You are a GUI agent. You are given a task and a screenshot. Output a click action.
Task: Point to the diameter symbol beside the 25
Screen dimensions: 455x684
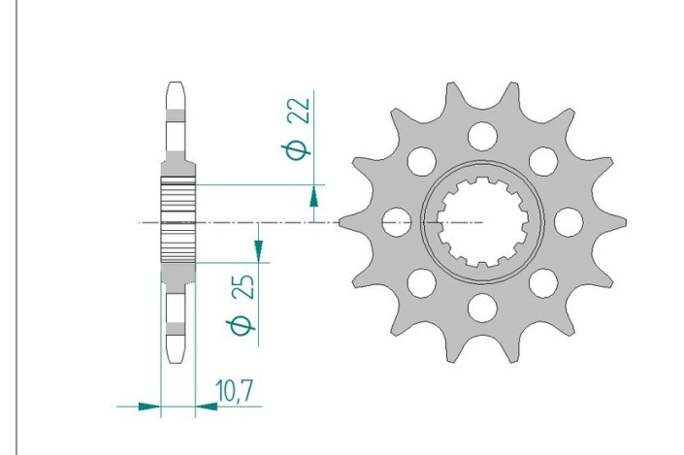click(244, 326)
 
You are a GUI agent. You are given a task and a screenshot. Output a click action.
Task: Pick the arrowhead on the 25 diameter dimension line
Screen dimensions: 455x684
click(258, 250)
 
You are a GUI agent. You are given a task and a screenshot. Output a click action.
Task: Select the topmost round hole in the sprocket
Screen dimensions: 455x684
click(480, 134)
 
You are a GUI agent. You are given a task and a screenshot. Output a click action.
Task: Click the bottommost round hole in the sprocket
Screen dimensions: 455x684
click(480, 309)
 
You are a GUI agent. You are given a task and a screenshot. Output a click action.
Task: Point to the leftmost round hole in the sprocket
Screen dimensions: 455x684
click(393, 222)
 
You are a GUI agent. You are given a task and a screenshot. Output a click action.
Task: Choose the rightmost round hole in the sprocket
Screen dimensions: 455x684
click(568, 222)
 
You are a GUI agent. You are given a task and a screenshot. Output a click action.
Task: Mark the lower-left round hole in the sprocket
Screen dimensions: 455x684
click(419, 283)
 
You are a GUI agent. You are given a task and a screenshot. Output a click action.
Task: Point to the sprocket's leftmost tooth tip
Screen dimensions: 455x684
click(342, 222)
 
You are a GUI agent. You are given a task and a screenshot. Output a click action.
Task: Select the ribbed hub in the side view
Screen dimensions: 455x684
click(177, 221)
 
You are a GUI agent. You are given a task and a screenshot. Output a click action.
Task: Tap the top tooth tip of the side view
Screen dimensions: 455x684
click(177, 85)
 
